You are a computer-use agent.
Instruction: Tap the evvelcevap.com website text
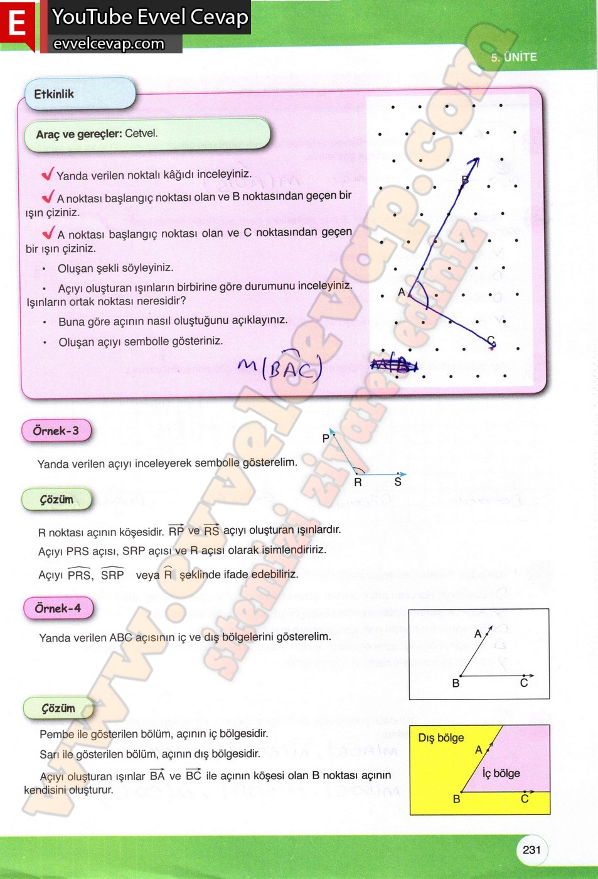click(109, 43)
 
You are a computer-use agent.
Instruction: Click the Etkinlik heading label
click(54, 94)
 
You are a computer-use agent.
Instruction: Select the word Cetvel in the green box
click(141, 133)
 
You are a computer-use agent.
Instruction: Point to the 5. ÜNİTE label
click(514, 57)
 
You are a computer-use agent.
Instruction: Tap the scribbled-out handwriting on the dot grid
click(393, 364)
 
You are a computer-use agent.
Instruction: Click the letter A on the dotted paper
click(402, 292)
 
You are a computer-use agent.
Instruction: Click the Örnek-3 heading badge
click(56, 431)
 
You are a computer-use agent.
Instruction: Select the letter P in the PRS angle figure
click(326, 438)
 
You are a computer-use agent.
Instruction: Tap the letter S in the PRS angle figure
click(398, 482)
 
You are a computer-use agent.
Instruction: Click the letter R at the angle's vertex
click(358, 482)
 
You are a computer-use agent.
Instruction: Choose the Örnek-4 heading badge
click(58, 608)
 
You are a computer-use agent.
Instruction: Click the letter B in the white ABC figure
click(456, 683)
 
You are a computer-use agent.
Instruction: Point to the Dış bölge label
click(441, 738)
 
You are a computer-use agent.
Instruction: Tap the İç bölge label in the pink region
click(501, 774)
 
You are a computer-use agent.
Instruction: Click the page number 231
click(531, 849)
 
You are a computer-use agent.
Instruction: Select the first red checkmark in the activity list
click(48, 174)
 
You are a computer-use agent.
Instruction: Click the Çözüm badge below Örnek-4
click(58, 708)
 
